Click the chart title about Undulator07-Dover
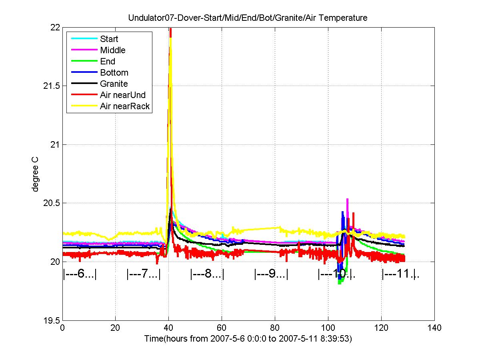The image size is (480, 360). pos(248,18)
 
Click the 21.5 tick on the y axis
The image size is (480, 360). pos(51,86)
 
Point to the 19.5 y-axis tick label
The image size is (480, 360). pos(51,321)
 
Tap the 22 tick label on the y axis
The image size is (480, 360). pos(55,28)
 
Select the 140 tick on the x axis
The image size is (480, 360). pos(434,328)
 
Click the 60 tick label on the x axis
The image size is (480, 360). pos(222,328)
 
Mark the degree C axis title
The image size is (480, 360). pos(35,174)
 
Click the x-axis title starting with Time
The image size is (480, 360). pos(248,338)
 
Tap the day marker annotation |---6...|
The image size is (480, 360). pos(80,274)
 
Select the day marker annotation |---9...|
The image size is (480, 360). pos(271,274)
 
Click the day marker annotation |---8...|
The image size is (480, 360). pos(207,274)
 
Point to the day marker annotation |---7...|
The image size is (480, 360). pos(144,274)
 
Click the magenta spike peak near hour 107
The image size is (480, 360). pos(347,199)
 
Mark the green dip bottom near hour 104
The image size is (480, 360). pos(339,284)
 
